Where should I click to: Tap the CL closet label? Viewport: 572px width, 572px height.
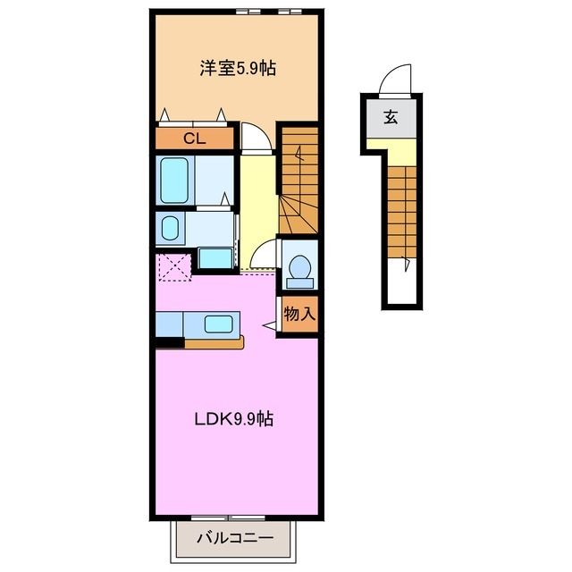click(x=194, y=139)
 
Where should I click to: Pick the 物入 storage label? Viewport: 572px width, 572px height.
click(x=299, y=314)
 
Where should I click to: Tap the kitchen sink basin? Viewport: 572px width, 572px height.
click(x=218, y=324)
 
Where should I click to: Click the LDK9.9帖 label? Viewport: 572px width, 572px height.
click(x=235, y=419)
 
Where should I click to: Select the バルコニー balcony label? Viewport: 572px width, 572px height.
click(x=234, y=540)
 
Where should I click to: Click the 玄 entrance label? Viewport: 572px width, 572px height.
click(x=391, y=115)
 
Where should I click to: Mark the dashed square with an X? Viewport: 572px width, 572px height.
click(x=173, y=267)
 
